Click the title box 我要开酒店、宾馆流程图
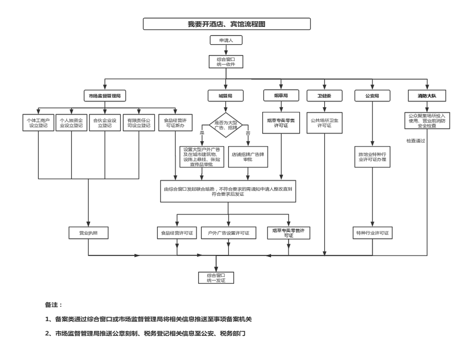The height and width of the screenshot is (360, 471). [x=226, y=24]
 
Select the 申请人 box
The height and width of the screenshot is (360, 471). [x=225, y=41]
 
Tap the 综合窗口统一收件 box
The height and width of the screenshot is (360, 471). [x=225, y=62]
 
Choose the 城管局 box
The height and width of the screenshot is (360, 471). [x=225, y=96]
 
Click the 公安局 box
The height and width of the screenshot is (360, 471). [x=372, y=96]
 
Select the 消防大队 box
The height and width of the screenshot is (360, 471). [x=427, y=96]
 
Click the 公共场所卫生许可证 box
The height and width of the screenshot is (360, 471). [x=325, y=123]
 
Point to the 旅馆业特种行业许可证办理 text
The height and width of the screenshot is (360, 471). [x=372, y=156]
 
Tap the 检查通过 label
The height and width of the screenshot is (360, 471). [x=416, y=140]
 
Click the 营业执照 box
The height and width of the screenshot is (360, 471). [x=88, y=233]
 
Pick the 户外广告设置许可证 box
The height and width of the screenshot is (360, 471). [x=228, y=233]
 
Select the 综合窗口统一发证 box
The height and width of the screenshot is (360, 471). [x=215, y=277]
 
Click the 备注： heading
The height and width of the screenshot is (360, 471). [x=54, y=305]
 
